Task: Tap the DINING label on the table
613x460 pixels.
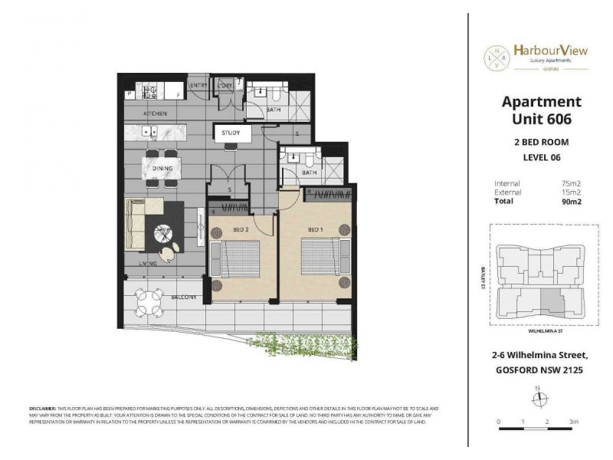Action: pyautogui.click(x=161, y=168)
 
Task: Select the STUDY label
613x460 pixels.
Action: pyautogui.click(x=231, y=133)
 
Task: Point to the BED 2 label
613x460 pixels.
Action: pyautogui.click(x=241, y=229)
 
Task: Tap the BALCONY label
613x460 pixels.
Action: pyautogui.click(x=185, y=297)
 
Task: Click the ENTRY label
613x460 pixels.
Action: pyautogui.click(x=198, y=85)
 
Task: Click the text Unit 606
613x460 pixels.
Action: pyautogui.click(x=541, y=119)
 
